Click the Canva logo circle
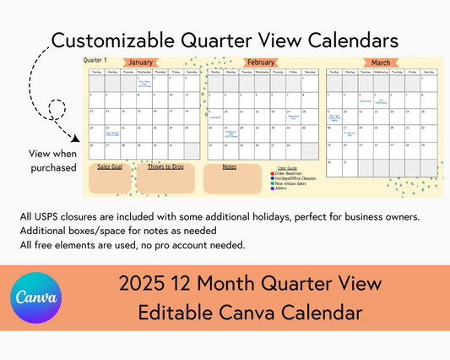(x=35, y=298)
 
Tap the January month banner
(x=141, y=63)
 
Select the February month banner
(x=261, y=63)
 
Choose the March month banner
(x=381, y=63)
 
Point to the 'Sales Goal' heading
(x=110, y=167)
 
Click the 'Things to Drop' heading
(x=165, y=167)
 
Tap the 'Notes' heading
(x=230, y=167)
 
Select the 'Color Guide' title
(x=286, y=168)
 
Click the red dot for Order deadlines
(x=273, y=173)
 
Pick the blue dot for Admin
(x=273, y=188)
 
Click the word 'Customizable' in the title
(x=106, y=40)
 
